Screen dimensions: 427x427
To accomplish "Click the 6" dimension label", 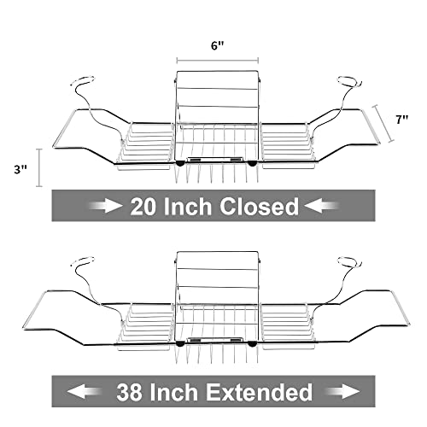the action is tap(218, 46).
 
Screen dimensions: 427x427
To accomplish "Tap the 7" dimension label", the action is tap(401, 120).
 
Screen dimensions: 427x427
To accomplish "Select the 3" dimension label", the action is tap(20, 170).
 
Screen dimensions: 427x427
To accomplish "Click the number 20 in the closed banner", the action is tap(143, 207).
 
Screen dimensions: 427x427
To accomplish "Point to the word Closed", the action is tap(259, 207).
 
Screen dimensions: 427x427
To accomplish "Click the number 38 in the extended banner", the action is tap(129, 392).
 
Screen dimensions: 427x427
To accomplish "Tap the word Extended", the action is tap(259, 392).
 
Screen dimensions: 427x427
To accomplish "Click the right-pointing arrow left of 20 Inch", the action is tap(105, 206).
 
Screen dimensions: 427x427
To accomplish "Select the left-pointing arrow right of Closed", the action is tap(322, 206).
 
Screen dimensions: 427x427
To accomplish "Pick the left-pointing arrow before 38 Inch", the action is tap(85, 391).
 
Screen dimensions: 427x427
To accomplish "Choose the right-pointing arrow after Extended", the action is tap(342, 391).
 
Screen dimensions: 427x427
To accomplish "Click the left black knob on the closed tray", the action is tap(179, 163).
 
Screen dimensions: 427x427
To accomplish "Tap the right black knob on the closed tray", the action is tap(252, 163).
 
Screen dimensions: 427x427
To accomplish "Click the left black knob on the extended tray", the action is tap(179, 344).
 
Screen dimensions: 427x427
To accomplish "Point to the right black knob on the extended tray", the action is tap(252, 344).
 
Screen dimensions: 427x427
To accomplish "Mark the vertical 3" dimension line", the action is tap(39, 167).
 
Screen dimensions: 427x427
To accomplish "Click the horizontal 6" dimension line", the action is tap(218, 61).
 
